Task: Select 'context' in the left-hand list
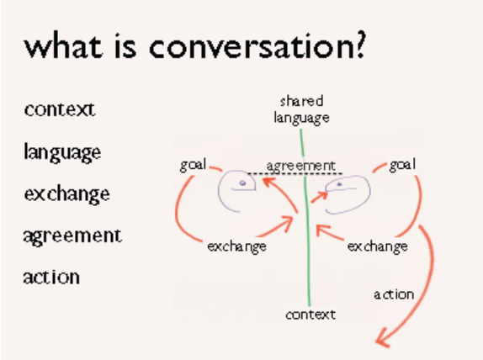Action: pos(60,109)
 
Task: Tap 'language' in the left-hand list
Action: pos(63,152)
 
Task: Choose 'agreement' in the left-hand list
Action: pos(72,236)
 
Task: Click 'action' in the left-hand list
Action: pos(52,276)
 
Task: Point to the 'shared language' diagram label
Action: pos(300,109)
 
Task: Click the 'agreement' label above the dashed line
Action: pos(300,165)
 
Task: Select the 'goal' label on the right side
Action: pos(402,165)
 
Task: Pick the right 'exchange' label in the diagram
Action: pos(377,246)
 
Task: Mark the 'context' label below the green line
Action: pos(310,314)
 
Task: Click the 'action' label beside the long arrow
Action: pos(394,294)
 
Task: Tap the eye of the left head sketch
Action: pos(242,183)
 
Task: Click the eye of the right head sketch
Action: pos(339,183)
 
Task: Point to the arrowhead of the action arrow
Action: pos(383,341)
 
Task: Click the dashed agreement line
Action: pos(278,173)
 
